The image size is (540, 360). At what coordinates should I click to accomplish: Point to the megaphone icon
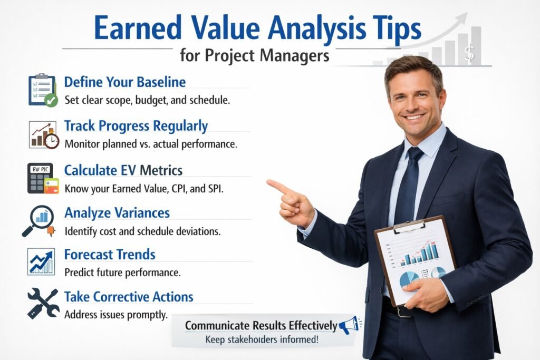(349, 325)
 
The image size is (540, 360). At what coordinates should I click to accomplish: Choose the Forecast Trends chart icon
(41, 261)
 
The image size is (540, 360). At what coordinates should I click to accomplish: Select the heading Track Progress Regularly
(136, 126)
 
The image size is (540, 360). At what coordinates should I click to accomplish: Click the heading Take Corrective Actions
(129, 296)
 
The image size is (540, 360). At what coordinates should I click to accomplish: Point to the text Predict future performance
(122, 273)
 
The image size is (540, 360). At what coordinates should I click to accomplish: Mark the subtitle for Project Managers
(254, 55)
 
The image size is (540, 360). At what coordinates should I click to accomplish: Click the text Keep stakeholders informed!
(262, 340)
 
